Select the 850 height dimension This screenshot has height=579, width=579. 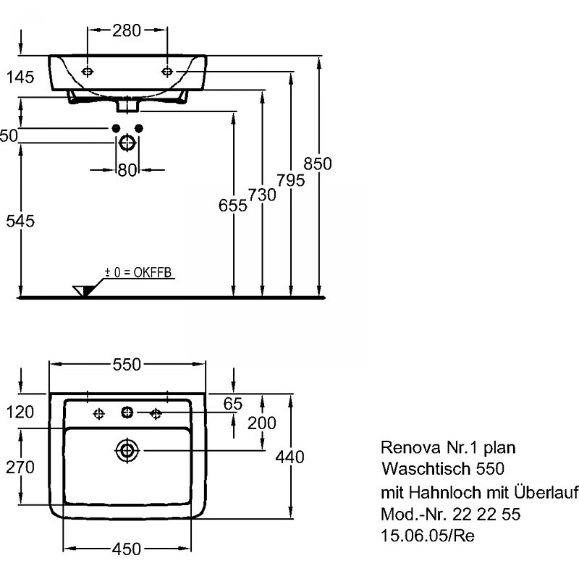coord(318,164)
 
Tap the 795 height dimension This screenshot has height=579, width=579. coord(290,178)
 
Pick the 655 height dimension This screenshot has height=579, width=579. coord(233,206)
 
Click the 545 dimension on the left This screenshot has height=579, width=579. coord(20,221)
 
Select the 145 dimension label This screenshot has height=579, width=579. coord(20,77)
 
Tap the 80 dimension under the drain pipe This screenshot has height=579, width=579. coord(127,170)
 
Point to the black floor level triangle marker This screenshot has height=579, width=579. coord(85,290)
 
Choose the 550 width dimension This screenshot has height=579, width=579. coord(127,365)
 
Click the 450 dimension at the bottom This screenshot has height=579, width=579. coord(127,549)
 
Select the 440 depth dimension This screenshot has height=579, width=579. coord(289,456)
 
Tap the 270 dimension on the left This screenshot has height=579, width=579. coord(20,468)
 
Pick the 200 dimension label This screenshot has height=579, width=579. coord(261,423)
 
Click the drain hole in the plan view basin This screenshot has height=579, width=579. coord(127,450)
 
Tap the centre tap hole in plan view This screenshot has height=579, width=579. coord(127,413)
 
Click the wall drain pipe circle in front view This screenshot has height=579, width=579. coord(127,143)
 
